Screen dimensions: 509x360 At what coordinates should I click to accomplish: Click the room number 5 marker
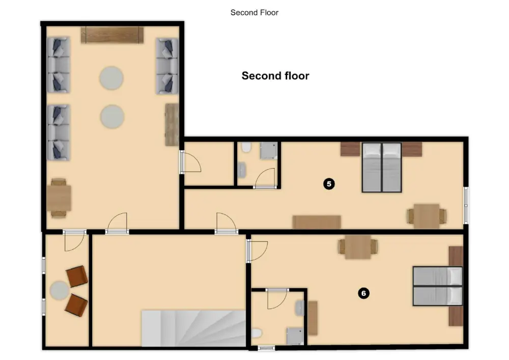[329, 184]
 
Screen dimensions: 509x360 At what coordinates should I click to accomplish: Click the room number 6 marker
[363, 293]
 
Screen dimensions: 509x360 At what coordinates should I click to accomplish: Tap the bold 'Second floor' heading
[275, 76]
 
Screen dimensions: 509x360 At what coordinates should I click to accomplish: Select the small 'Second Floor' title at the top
[254, 12]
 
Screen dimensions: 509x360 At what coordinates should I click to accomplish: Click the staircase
[193, 328]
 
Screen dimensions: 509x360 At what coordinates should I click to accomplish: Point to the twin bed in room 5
[382, 168]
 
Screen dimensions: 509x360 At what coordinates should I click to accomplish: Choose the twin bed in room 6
[438, 286]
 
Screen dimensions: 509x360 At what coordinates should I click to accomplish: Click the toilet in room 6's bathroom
[257, 333]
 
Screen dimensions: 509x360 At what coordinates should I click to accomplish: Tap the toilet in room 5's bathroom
[246, 147]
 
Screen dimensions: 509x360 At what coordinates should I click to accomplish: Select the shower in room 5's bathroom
[268, 151]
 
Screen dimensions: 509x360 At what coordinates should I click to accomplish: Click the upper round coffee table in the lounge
[111, 78]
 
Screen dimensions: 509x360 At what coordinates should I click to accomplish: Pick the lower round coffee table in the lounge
[112, 117]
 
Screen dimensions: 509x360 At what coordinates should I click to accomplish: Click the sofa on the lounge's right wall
[167, 66]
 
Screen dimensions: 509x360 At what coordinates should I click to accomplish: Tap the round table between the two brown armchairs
[60, 290]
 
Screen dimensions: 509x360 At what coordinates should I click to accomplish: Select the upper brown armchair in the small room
[77, 276]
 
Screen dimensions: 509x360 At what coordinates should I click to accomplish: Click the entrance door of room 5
[227, 224]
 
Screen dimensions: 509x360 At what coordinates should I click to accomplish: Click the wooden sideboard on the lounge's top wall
[112, 35]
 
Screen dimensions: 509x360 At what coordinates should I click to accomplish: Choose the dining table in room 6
[358, 247]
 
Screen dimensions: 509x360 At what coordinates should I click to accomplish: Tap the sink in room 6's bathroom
[300, 308]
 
